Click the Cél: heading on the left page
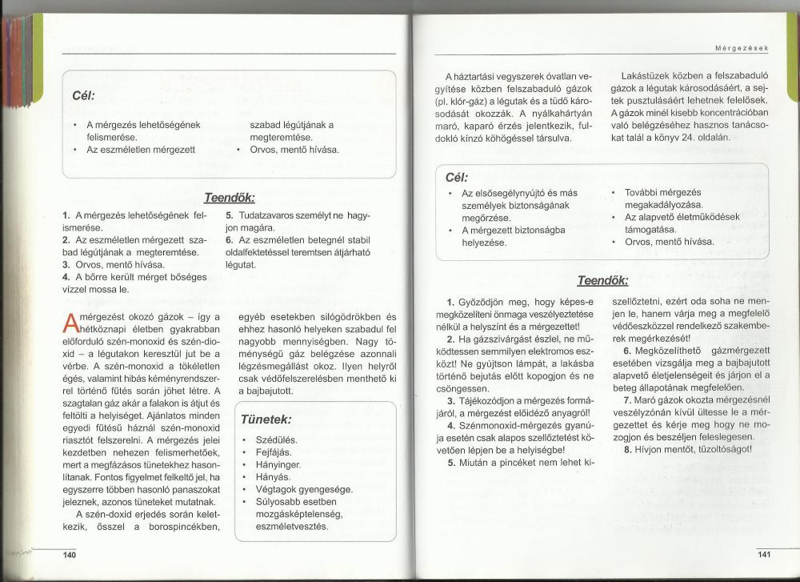coord(83,95)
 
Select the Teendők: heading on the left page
coord(230,198)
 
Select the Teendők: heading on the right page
coord(602,281)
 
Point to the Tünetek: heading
coord(266,419)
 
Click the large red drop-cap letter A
coord(69,323)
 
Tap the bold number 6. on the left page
coord(230,239)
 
